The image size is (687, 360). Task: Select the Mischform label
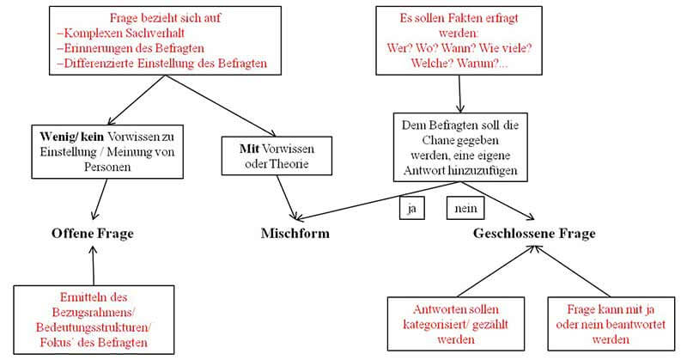click(x=295, y=234)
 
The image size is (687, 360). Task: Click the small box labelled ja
click(x=410, y=208)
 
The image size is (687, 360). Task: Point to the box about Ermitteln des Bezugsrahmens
click(x=94, y=317)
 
